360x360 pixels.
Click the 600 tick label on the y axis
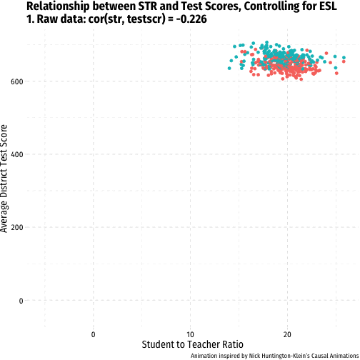click(17, 81)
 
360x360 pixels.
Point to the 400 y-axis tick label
click(17, 155)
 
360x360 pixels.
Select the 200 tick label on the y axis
click(17, 228)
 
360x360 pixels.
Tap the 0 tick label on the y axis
click(21, 301)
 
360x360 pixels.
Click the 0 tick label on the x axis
click(93, 335)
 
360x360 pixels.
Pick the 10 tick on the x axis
click(190, 335)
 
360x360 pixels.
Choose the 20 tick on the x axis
click(287, 335)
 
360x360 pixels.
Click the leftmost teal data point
click(229, 69)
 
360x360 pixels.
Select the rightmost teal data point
click(344, 58)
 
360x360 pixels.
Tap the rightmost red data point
click(344, 61)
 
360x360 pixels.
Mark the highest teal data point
click(266, 42)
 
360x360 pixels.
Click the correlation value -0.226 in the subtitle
click(191, 19)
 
